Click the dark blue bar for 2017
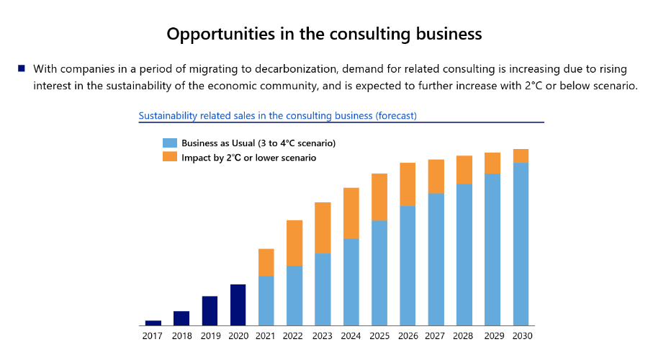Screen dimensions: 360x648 click(x=153, y=323)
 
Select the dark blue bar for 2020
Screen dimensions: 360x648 click(x=238, y=305)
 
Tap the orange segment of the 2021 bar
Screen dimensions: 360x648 click(x=266, y=262)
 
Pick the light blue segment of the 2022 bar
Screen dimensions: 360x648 click(x=294, y=295)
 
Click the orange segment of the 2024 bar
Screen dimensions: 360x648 click(x=351, y=213)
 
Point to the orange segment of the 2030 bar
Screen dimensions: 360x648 click(x=521, y=156)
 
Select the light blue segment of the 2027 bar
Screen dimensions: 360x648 click(x=436, y=259)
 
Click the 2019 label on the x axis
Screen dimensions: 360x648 click(x=210, y=336)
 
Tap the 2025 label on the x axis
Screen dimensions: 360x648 click(x=379, y=336)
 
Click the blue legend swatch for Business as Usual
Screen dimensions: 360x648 click(x=169, y=143)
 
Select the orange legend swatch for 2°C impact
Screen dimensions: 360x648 click(x=169, y=157)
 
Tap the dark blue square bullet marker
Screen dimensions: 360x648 click(x=22, y=68)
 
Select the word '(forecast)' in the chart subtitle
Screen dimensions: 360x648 click(x=393, y=115)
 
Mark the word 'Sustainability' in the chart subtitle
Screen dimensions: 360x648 click(x=167, y=115)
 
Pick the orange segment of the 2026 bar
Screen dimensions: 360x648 click(x=408, y=184)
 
